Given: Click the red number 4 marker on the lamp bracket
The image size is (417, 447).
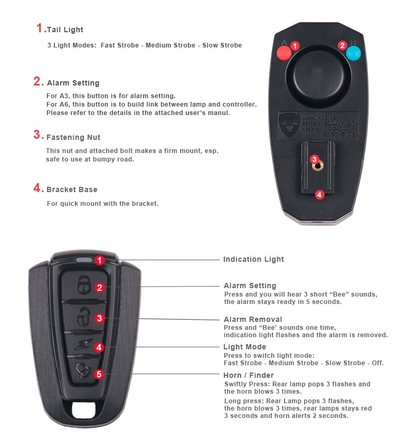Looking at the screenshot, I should click(x=319, y=195).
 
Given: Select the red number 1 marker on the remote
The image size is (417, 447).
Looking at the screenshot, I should click(x=100, y=260).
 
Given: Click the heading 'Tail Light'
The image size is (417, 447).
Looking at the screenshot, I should click(x=65, y=30).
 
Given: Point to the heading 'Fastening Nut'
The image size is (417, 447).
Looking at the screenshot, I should click(x=73, y=137).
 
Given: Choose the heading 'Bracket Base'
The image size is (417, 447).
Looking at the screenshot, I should click(x=72, y=189).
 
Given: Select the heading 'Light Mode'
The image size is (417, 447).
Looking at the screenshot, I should click(x=245, y=347).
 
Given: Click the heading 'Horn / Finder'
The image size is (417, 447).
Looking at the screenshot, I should click(x=248, y=375).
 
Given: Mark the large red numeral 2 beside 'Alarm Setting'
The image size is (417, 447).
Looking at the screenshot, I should click(x=38, y=81).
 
